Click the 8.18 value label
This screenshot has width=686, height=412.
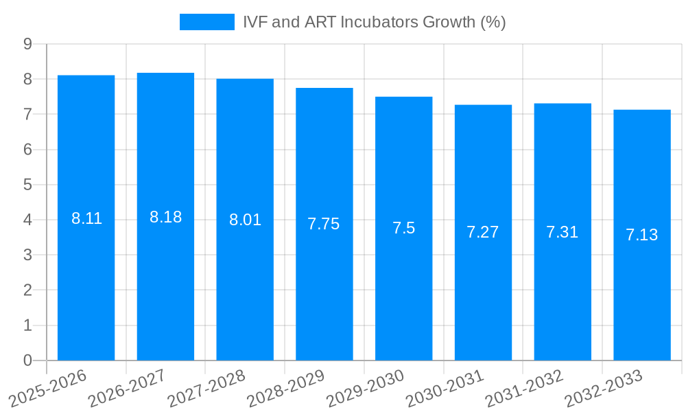(165, 217)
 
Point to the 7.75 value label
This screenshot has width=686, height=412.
(324, 224)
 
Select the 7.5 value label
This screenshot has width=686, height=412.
(403, 228)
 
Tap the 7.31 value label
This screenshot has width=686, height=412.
(563, 232)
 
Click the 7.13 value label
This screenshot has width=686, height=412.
(642, 235)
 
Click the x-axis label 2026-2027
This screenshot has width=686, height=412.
(128, 387)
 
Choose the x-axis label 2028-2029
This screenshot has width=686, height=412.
(286, 387)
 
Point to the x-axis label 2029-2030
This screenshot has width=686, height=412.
(366, 387)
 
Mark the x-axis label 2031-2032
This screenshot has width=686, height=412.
(525, 387)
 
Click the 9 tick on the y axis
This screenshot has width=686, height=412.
(27, 44)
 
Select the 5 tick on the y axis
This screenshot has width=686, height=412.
(27, 185)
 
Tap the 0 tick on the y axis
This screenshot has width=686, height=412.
(27, 360)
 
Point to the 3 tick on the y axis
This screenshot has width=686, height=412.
(27, 255)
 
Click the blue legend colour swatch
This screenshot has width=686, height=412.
(206, 22)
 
